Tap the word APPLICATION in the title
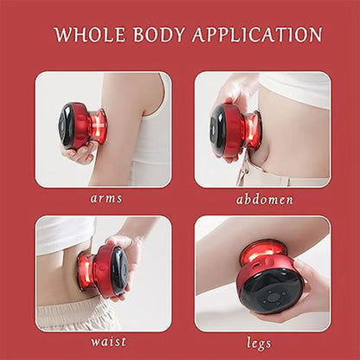pos(257,35)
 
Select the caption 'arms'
pos(106,198)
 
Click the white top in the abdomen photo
pos(294,88)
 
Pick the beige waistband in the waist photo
pos(65,313)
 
